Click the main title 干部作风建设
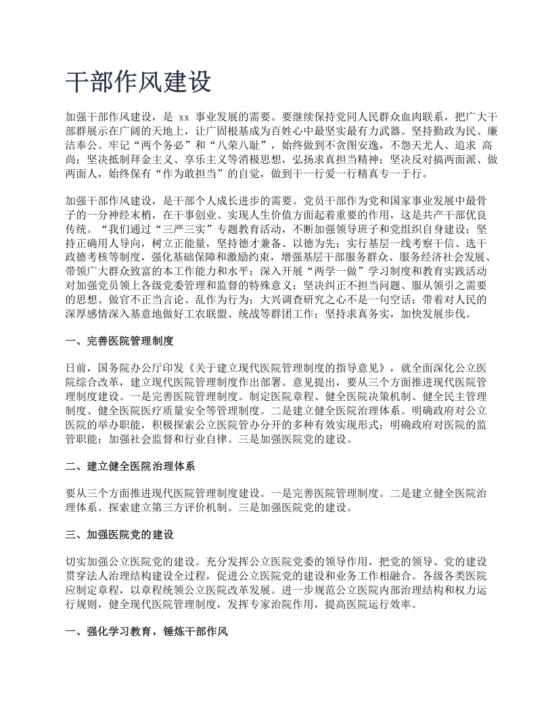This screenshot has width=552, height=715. (139, 82)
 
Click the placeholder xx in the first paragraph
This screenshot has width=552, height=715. (187, 116)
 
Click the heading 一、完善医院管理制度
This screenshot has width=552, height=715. (120, 341)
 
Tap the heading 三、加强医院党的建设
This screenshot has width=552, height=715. (120, 534)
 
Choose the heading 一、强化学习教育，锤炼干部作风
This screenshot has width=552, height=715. (147, 633)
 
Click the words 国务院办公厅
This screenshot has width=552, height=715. (131, 368)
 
